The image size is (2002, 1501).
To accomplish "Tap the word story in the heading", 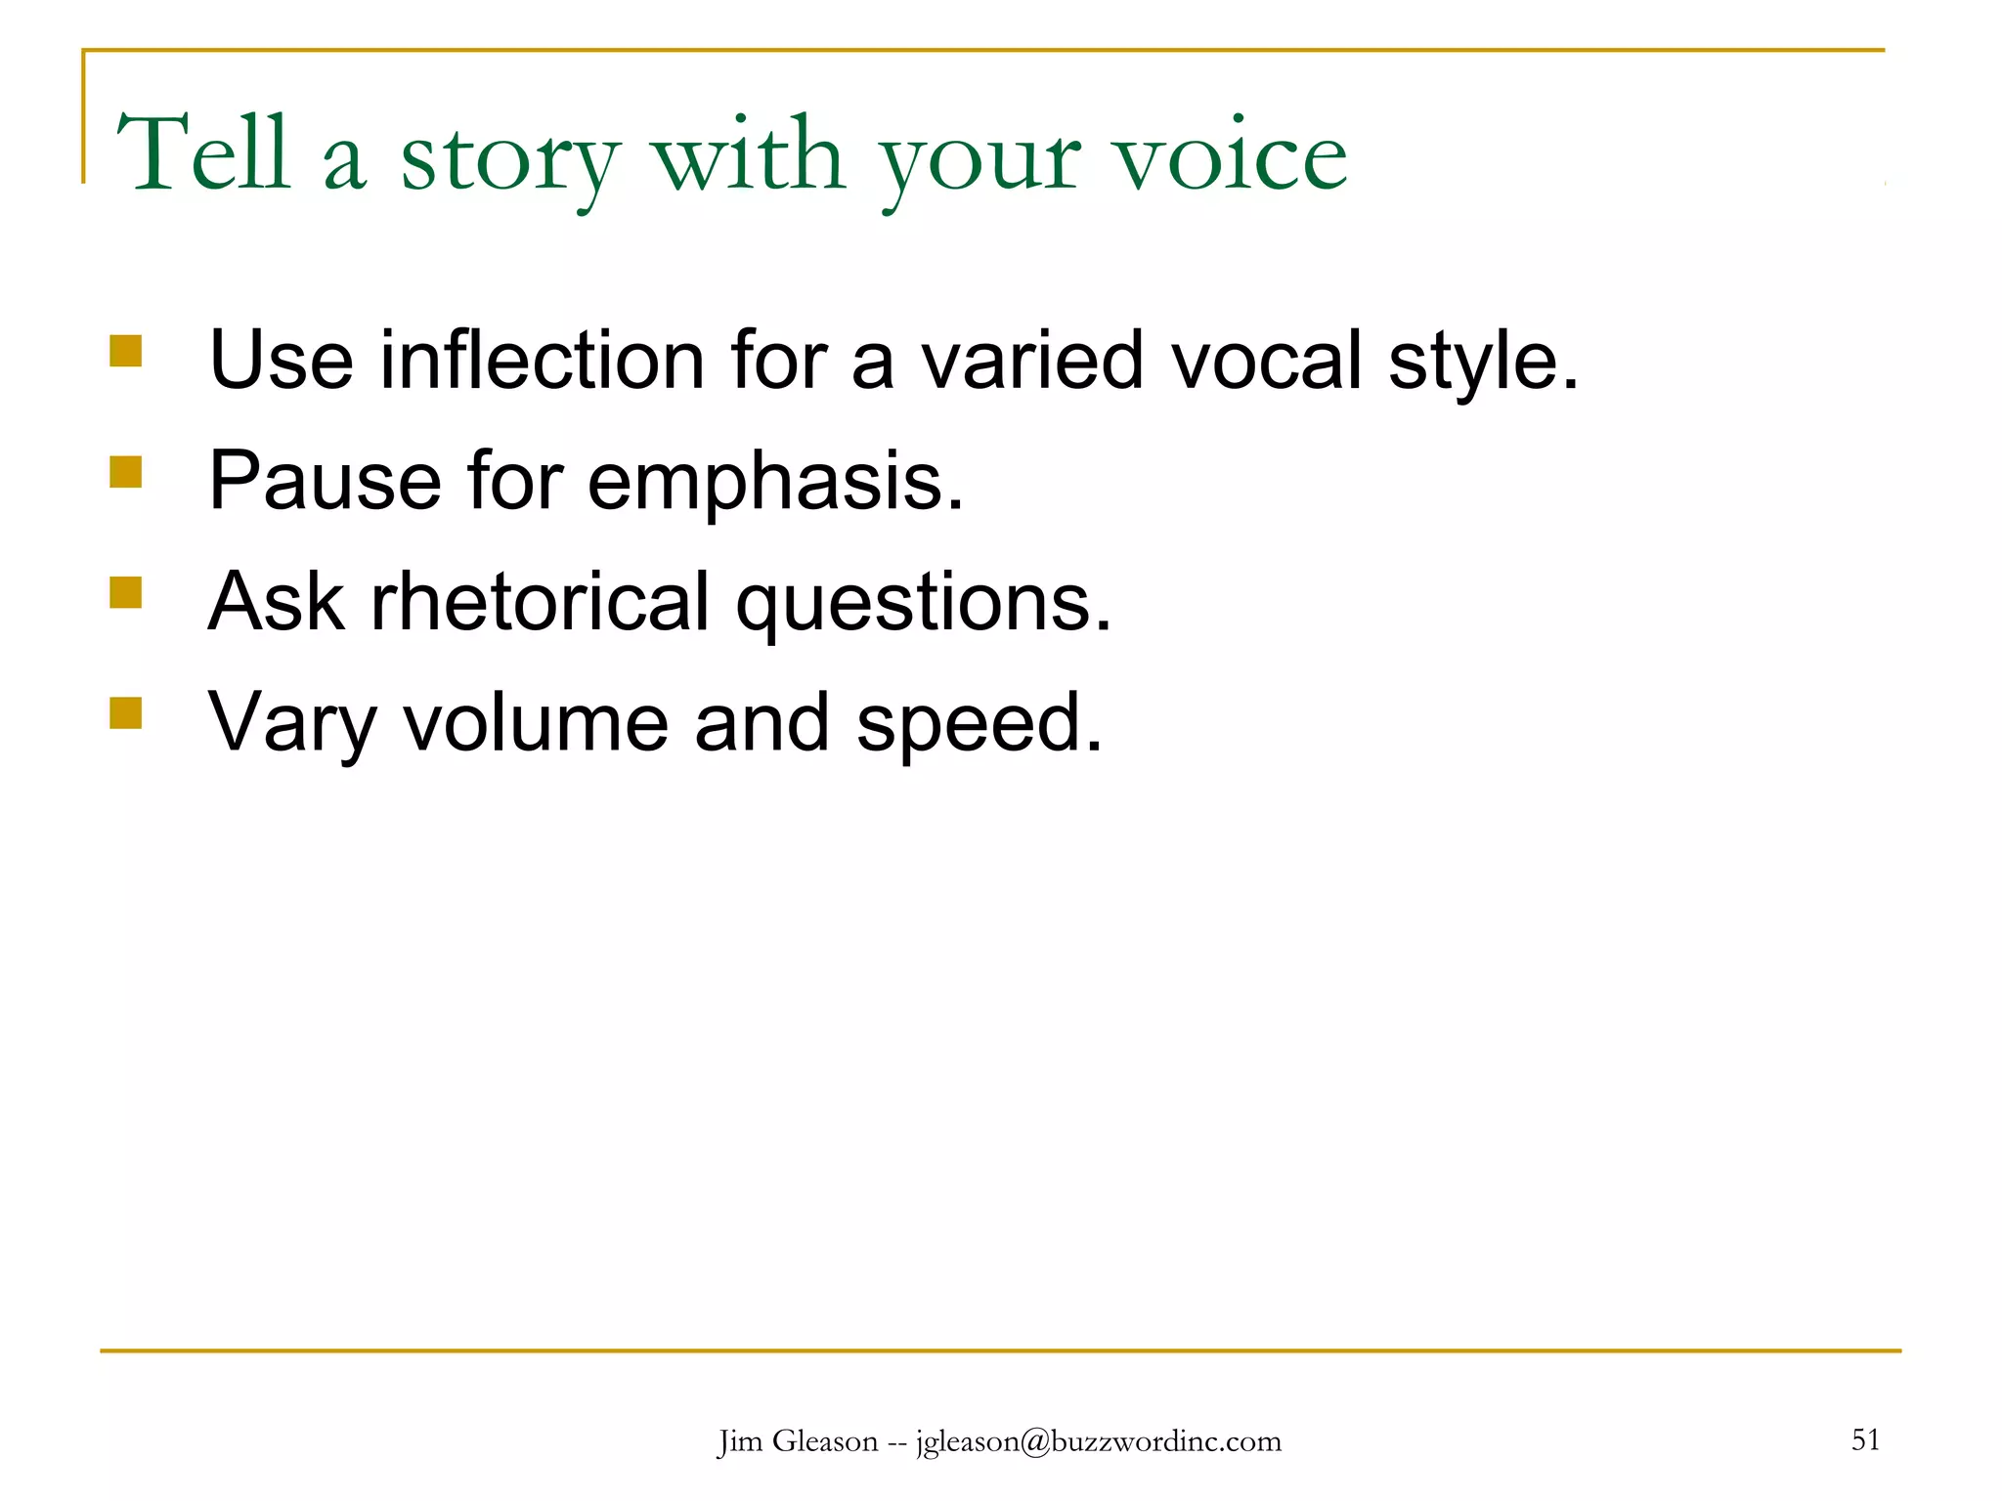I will (x=509, y=158).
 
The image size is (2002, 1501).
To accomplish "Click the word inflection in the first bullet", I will (x=542, y=361).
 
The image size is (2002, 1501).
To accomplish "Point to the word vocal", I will (x=1266, y=361).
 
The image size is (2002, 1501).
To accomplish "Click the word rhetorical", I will (x=540, y=602).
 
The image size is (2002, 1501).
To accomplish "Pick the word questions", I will (x=924, y=604).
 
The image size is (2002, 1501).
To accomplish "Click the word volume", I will (x=536, y=723).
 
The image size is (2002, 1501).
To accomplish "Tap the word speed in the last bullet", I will (x=979, y=725).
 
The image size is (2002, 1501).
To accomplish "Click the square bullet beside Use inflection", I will (x=126, y=351).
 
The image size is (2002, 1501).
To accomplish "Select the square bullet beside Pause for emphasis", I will (x=126, y=472).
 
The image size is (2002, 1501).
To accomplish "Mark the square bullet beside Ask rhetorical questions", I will (x=126, y=592).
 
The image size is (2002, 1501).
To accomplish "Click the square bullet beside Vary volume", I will (x=126, y=713).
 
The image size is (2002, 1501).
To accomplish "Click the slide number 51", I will (x=1865, y=1439).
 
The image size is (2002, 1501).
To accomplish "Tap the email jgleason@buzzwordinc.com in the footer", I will (x=1098, y=1442).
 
